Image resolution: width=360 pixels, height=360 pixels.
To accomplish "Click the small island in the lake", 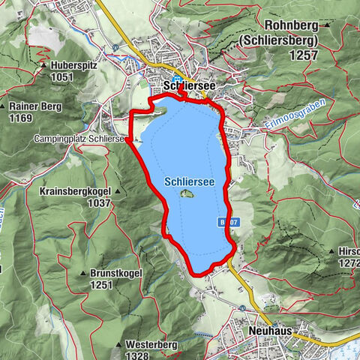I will [187, 194].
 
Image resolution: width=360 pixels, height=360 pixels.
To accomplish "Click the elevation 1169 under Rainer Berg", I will [22, 117].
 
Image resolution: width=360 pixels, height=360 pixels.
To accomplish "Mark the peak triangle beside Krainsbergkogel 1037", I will [118, 191].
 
